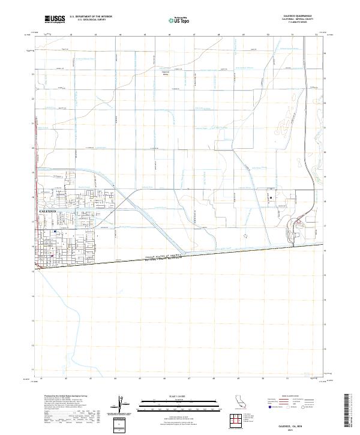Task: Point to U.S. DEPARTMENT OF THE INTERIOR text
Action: point(91,17)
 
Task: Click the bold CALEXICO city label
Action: point(47,212)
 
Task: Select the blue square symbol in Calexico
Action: point(55,230)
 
